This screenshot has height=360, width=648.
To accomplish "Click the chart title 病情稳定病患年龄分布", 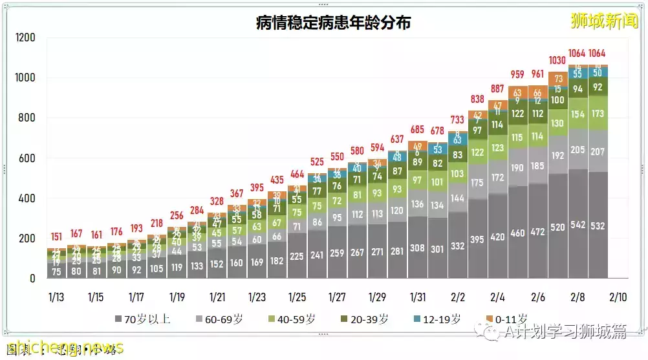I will tap(334, 24).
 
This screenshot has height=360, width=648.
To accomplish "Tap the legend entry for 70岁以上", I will tap(142, 319).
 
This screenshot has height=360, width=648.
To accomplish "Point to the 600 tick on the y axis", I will tap(27, 158).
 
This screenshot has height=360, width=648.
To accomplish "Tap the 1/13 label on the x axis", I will tap(56, 297).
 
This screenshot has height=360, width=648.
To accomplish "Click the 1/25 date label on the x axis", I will tap(297, 297).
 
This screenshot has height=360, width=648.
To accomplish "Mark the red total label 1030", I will tap(558, 60).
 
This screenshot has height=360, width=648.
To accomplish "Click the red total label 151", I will tap(56, 236).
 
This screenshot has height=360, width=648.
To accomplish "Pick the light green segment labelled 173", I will tap(598, 114).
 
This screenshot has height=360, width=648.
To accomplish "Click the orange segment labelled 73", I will tap(558, 79).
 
